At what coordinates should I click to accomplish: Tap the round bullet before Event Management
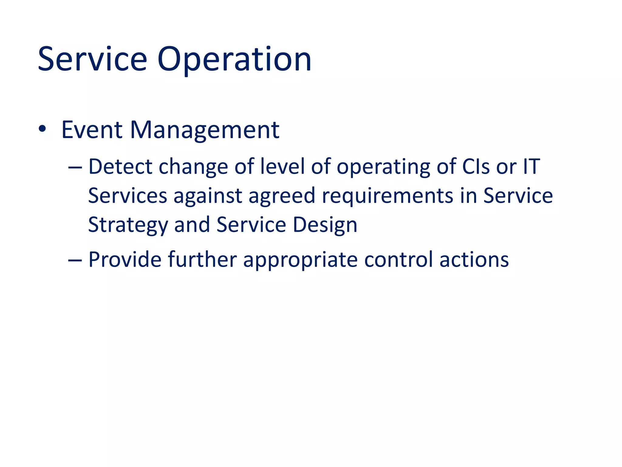point(42,129)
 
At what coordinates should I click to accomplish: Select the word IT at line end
point(531,167)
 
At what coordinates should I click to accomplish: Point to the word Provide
point(125,260)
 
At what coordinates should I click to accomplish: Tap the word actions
point(474,260)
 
